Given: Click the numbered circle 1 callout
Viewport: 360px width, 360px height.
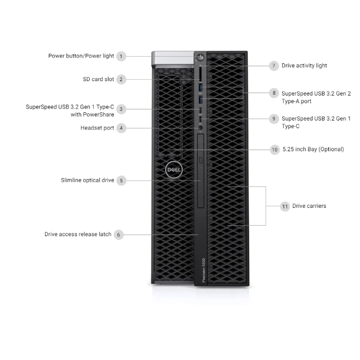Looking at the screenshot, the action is (x=121, y=56).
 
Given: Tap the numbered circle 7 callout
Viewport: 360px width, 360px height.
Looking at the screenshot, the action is (x=274, y=66).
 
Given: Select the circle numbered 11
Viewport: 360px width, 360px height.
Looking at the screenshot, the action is (x=285, y=206).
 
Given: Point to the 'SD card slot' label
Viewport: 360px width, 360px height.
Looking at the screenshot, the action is (x=98, y=79).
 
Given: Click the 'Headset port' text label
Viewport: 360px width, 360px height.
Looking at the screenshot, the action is (x=97, y=128).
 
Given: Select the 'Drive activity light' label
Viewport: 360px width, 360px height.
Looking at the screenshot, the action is (x=304, y=66).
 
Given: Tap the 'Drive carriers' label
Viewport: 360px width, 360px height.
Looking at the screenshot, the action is (x=309, y=206).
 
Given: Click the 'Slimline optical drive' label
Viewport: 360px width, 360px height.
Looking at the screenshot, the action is (x=87, y=180).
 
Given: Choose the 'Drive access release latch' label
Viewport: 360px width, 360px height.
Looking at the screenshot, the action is (x=78, y=234).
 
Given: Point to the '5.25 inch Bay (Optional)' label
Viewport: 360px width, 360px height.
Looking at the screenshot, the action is (x=313, y=149).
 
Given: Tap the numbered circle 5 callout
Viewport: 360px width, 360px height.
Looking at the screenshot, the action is (x=121, y=181).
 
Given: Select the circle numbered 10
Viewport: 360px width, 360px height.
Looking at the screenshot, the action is (x=275, y=150).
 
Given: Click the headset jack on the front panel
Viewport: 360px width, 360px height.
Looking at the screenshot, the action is (x=201, y=128).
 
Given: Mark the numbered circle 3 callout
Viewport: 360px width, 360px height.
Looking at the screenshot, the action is (x=121, y=109).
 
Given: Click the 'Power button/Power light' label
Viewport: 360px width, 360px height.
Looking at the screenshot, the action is (x=81, y=56).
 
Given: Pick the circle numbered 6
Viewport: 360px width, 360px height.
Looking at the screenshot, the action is (x=119, y=235).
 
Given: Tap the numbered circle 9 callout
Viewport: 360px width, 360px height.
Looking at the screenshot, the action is (x=274, y=119).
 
